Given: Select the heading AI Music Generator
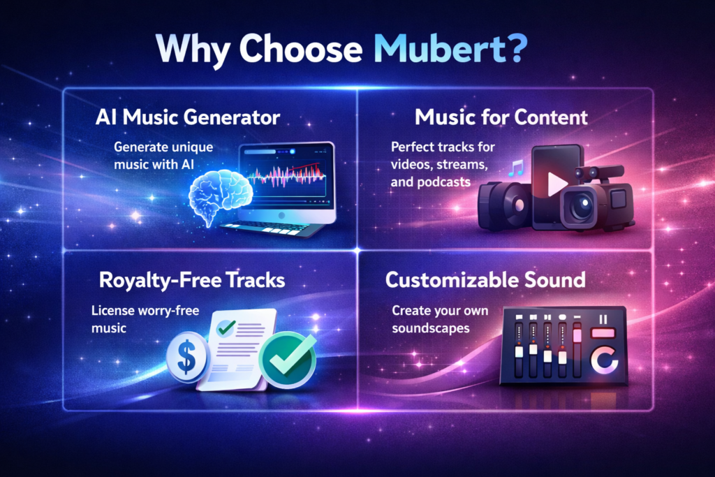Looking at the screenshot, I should click(x=188, y=118).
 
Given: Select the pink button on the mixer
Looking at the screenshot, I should click(x=601, y=334).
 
